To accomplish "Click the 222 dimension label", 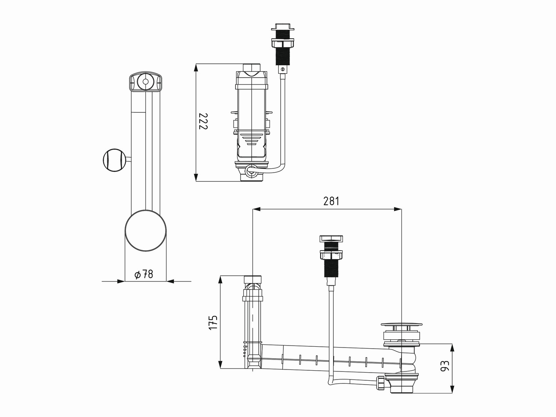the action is click(x=203, y=121).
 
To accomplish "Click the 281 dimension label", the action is click(x=331, y=201).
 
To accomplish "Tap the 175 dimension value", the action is click(x=213, y=322).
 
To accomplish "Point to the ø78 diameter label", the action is click(x=144, y=274).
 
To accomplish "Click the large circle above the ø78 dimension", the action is click(x=146, y=231).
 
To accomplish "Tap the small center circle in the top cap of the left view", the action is click(x=146, y=82).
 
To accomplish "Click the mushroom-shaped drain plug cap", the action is click(x=402, y=324).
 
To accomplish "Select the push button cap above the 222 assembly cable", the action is click(x=283, y=27).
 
